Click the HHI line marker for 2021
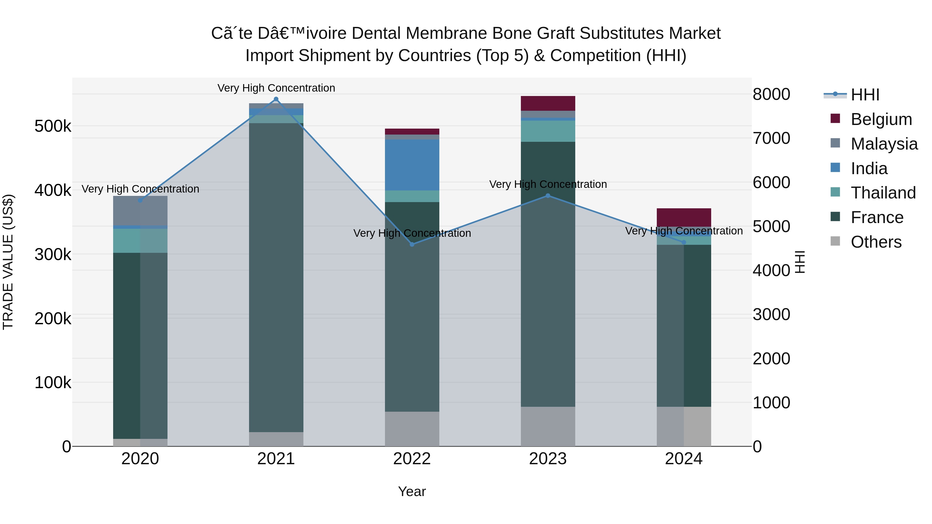[x=276, y=99]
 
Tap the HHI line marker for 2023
[x=548, y=196]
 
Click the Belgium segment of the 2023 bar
[x=548, y=104]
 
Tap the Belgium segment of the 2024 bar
[x=683, y=217]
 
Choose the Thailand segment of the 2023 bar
[x=548, y=131]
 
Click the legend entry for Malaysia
[x=884, y=144]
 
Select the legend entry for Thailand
[x=883, y=193]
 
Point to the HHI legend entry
[x=865, y=95]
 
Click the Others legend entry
[x=876, y=242]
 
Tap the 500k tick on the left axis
[x=53, y=127]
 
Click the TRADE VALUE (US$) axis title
[x=8, y=262]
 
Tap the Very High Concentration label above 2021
[x=276, y=88]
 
